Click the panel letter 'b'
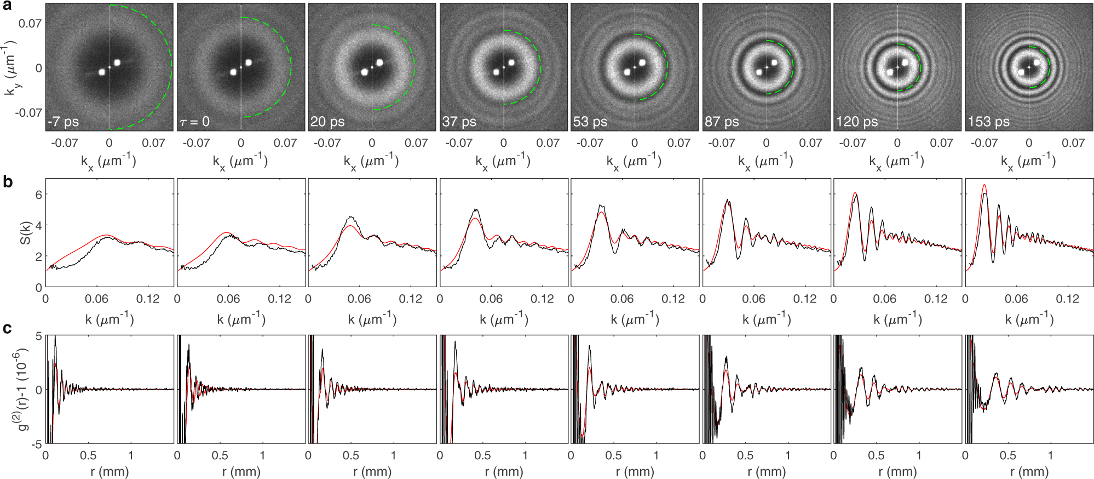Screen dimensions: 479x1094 7,181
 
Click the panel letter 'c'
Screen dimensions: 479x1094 7,328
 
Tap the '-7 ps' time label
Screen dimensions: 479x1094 64,122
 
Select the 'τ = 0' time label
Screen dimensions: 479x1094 194,122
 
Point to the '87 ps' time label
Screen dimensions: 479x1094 721,122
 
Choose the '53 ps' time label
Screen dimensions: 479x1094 590,122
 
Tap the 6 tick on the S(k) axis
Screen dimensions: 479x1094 38,195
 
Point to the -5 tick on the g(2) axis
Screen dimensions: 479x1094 36,444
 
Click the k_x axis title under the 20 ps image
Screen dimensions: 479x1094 371,161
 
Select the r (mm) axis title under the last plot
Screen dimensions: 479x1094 1029,471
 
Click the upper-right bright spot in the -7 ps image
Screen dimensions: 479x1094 117,62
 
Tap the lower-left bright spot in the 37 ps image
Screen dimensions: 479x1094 496,72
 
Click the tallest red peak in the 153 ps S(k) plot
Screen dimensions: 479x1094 984,186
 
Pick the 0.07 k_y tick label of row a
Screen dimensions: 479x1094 30,24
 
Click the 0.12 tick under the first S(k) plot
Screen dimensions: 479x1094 148,299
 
